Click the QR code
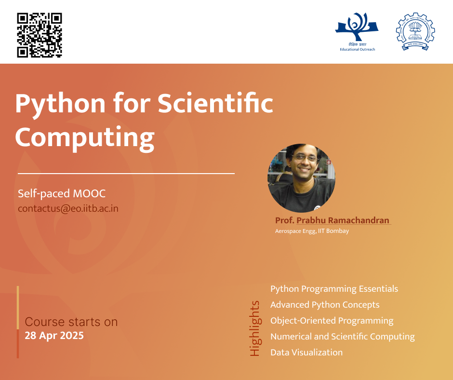click(40, 35)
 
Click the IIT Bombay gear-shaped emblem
click(415, 31)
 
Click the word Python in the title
click(60, 104)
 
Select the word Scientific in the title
click(215, 102)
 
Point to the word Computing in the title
click(85, 137)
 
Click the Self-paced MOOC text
click(62, 193)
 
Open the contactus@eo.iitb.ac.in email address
click(68, 208)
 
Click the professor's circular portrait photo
click(301, 178)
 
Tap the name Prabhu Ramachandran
click(343, 220)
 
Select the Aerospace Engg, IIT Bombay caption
click(312, 231)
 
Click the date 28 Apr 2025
click(54, 336)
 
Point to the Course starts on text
click(71, 322)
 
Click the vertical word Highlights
click(255, 328)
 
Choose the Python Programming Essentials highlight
click(334, 289)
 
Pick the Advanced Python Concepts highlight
click(325, 305)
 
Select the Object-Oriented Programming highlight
click(332, 321)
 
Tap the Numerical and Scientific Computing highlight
click(342, 337)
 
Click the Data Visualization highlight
click(306, 352)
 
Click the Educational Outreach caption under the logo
click(358, 50)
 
